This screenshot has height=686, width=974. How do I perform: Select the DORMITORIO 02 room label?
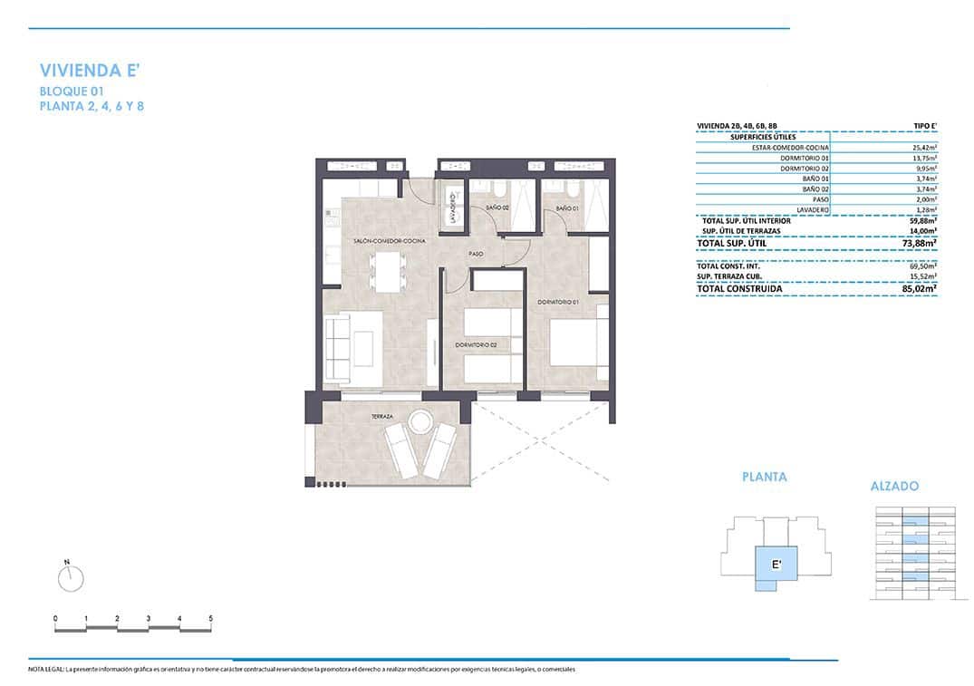tap(477, 345)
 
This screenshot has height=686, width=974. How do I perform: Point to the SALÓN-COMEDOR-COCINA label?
tap(390, 241)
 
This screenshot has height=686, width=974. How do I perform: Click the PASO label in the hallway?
tap(475, 255)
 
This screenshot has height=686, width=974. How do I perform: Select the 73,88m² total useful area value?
tap(920, 243)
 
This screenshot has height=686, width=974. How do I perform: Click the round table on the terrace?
tap(420, 422)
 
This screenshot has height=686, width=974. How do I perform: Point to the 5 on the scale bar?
tap(210, 619)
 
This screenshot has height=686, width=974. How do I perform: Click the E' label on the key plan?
tap(776, 565)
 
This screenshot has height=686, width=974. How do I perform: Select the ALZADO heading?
tap(894, 487)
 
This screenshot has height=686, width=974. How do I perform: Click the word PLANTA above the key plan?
tap(764, 477)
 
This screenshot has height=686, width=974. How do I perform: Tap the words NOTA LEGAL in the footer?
tap(46, 670)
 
